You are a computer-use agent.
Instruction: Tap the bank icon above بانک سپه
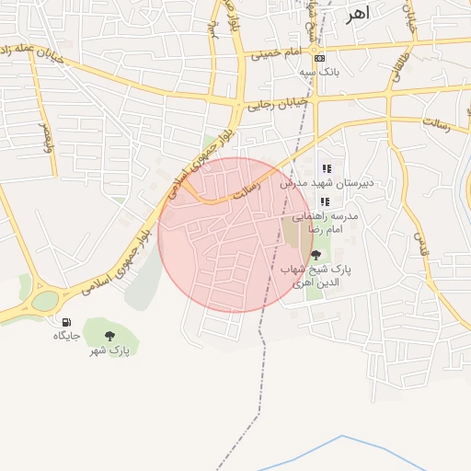pos(319,58)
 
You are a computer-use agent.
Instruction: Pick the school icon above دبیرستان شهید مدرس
pos(326,168)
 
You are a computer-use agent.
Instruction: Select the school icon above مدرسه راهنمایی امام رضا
pos(325,201)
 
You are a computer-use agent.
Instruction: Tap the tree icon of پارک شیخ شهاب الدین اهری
pos(316,255)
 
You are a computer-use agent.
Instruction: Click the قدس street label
pos(423,244)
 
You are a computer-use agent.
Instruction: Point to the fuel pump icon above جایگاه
pos(66,322)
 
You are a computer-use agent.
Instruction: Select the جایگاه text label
pos(66,336)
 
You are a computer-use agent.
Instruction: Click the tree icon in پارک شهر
pos(110,336)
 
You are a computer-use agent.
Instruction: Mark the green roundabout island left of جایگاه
pos(43,301)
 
